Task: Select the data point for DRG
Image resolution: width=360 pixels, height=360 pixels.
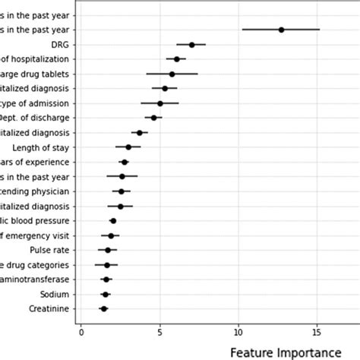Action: [x=191, y=45]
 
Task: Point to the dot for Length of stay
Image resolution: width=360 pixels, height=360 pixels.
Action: [x=128, y=147]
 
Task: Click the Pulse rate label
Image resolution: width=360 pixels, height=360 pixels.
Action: [x=49, y=250]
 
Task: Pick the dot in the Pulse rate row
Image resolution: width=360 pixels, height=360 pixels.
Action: [x=108, y=250]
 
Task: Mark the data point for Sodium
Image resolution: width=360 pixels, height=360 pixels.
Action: [x=106, y=294]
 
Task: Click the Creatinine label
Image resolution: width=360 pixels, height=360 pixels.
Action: [x=49, y=308]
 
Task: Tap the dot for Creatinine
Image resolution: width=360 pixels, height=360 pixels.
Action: [x=104, y=308]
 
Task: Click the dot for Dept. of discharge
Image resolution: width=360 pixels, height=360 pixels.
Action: [x=153, y=118]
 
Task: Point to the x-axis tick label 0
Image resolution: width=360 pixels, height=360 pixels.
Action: [x=81, y=330]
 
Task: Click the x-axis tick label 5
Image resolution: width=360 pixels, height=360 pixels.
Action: [x=159, y=330]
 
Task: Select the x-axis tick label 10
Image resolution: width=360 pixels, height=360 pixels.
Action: [x=238, y=330]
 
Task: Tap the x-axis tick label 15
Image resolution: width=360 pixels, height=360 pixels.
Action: [x=317, y=330]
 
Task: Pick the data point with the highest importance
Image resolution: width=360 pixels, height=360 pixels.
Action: [x=281, y=30]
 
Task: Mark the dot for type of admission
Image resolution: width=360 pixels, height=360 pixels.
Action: [x=159, y=103]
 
